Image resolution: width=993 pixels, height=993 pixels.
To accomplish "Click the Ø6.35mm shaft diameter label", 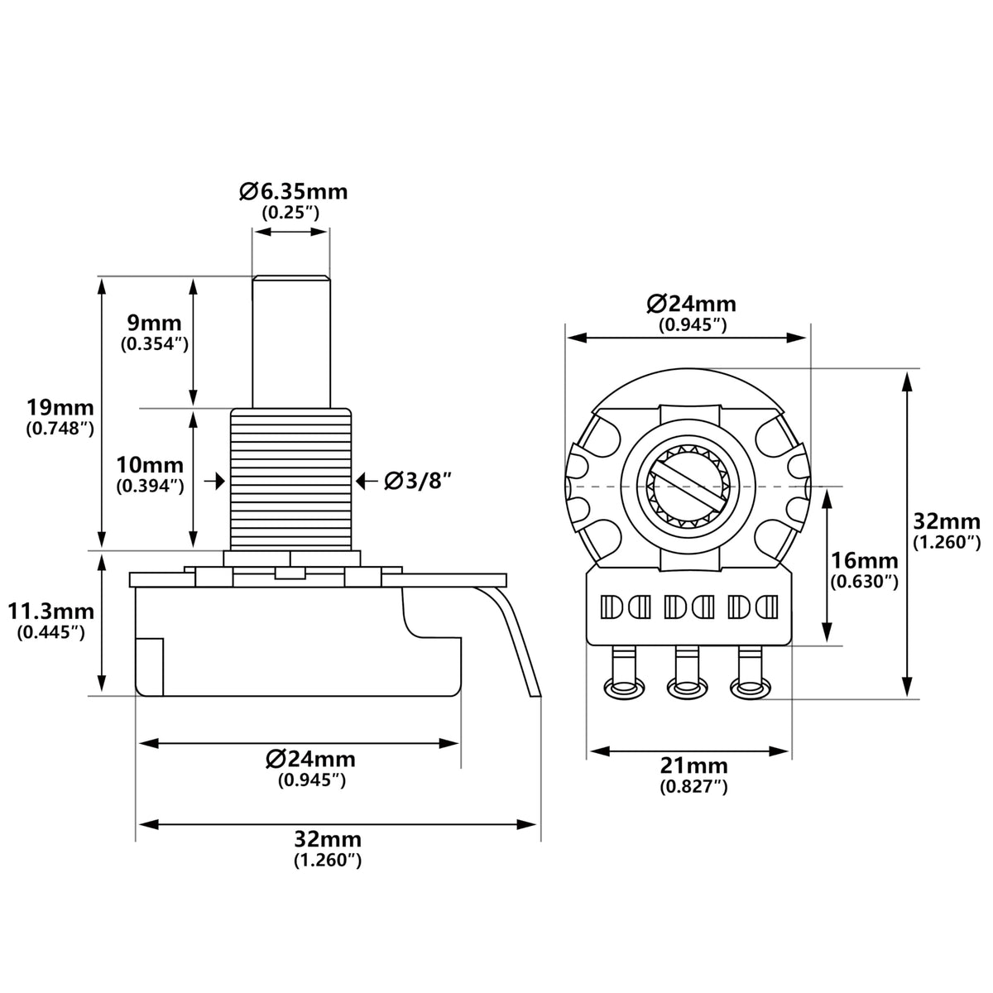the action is pos(293,192).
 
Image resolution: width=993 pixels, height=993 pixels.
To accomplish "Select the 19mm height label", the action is pos(60,408).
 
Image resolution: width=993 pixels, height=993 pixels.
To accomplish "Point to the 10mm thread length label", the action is pos(150,465).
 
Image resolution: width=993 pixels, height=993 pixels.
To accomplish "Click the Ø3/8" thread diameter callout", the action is pos(417,482).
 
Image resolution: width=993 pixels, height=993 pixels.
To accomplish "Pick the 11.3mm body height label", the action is pos(51,612).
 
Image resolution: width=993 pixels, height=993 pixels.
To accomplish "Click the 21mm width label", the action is pos(694,780).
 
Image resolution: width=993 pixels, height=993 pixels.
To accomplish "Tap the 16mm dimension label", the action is pos(864,561).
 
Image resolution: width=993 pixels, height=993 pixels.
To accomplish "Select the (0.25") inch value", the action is pos(290,212).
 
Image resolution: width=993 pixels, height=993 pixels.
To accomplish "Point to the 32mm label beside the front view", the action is pos(947,521).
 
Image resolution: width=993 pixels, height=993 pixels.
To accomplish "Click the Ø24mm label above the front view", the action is pos(692,304).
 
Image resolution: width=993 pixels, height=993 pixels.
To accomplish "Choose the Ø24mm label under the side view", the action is pos(311,759).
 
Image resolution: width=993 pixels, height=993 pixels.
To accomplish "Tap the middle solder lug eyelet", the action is pos(688,688).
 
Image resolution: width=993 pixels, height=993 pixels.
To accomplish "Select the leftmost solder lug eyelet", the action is pos(624,688).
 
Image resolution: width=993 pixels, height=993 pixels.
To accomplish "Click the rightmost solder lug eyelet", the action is pos(751,688).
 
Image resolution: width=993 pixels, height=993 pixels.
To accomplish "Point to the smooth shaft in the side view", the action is pos(291,342).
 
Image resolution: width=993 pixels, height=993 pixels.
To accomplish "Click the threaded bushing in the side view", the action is pos(291,480).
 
